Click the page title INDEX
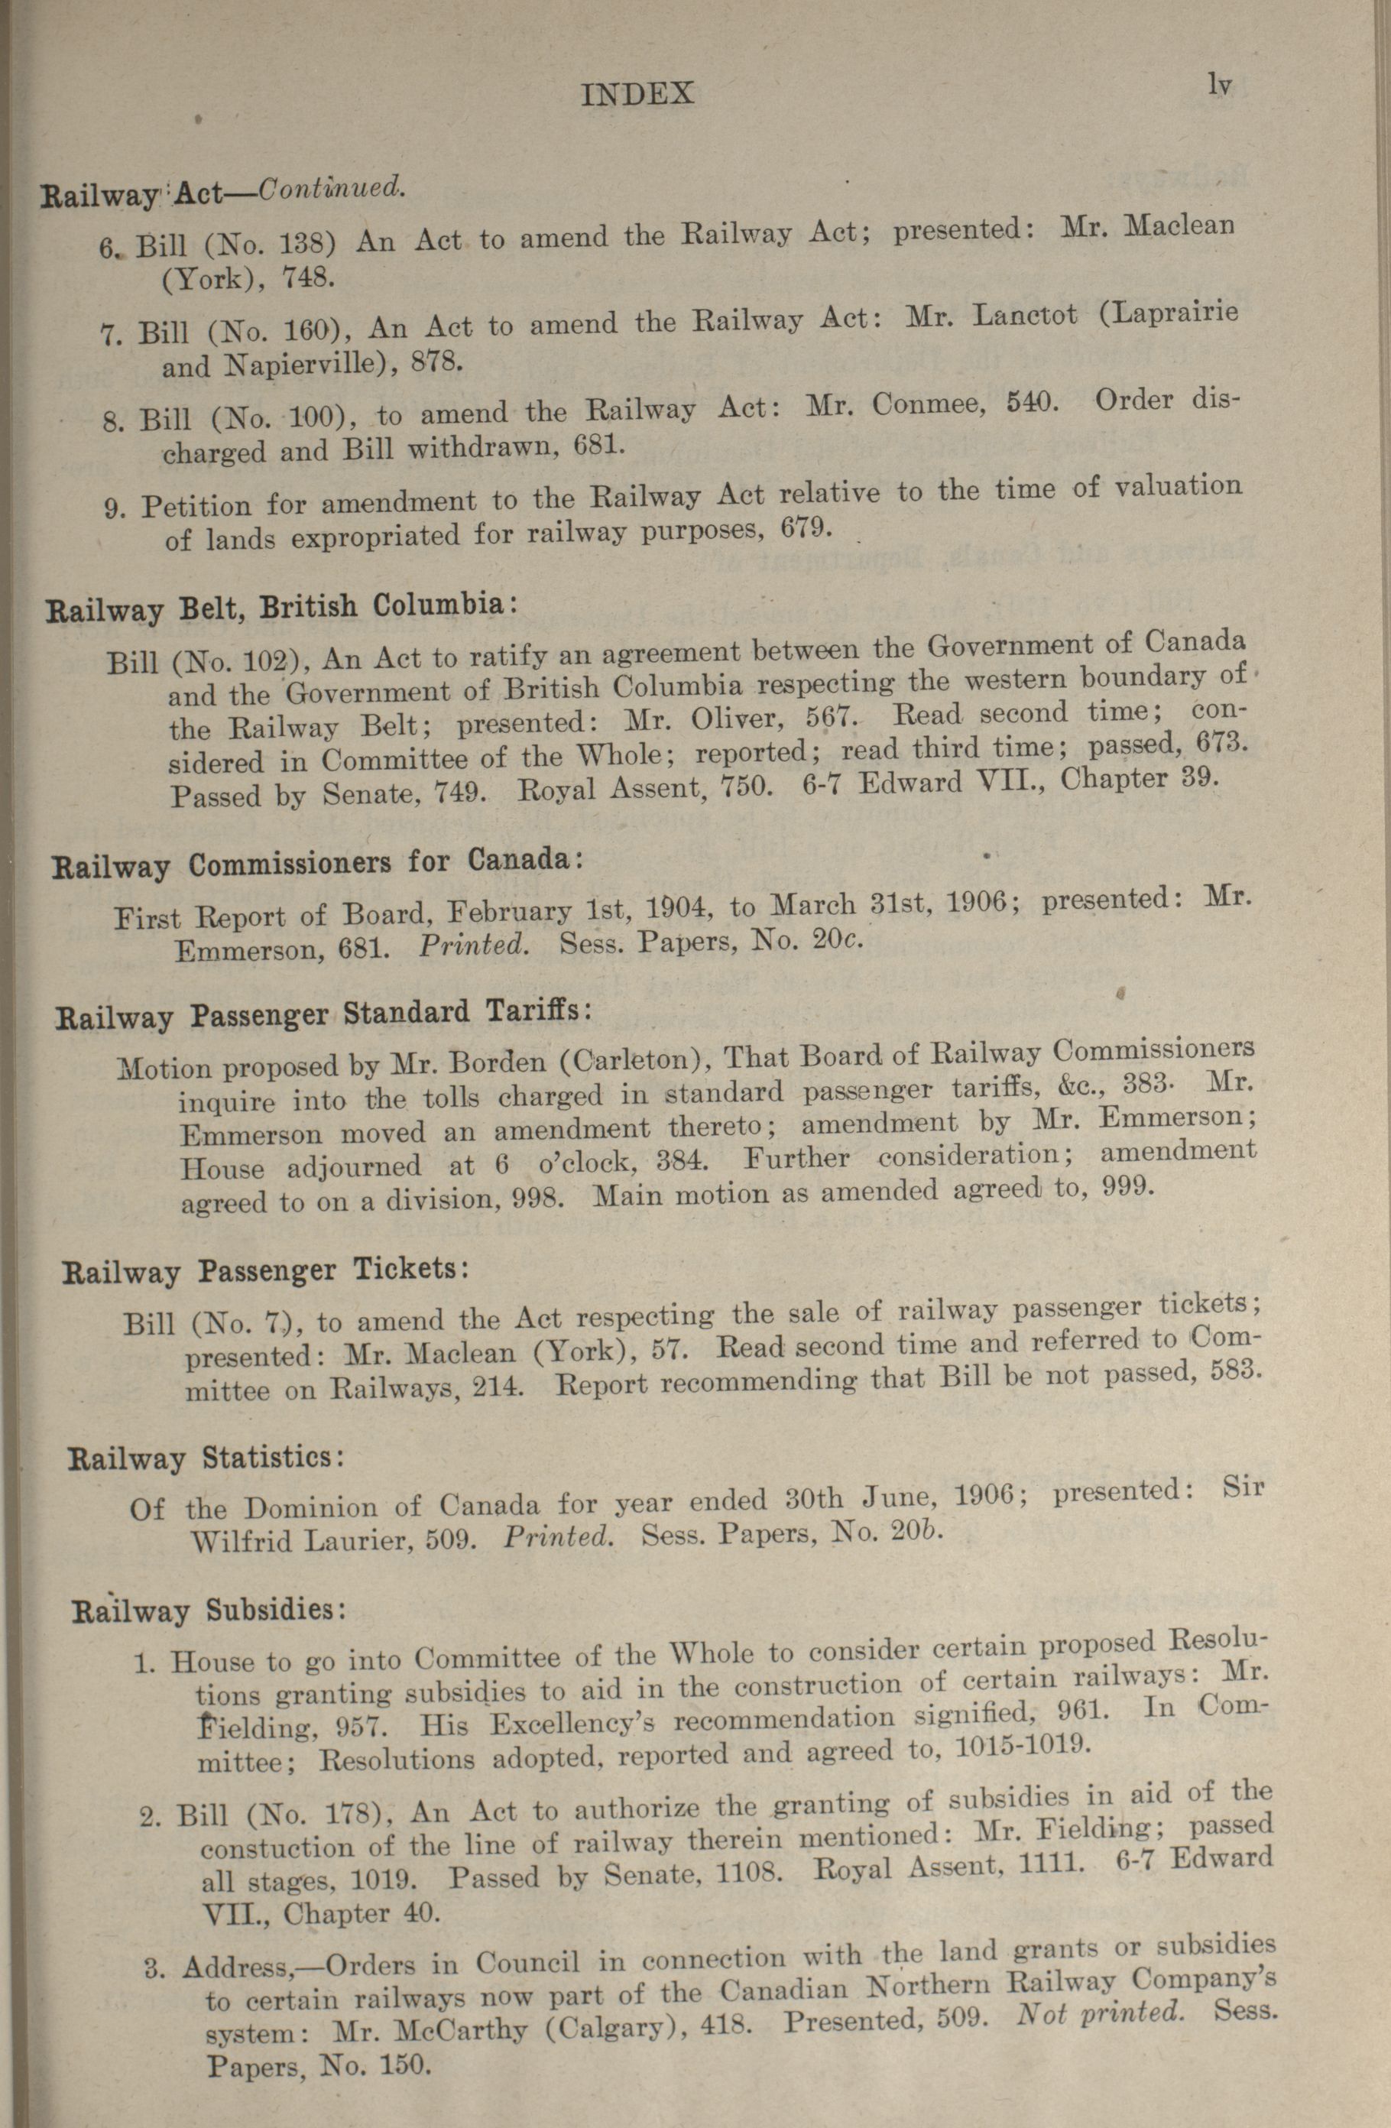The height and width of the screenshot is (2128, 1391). pyautogui.click(x=637, y=94)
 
